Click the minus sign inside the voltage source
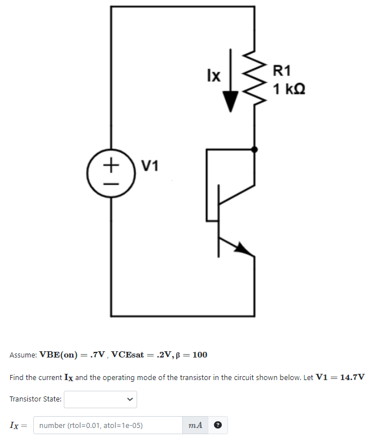pos(111,183)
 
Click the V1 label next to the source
pos(150,166)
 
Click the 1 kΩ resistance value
pos(288,89)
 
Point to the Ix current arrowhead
pos(230,101)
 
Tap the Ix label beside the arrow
pos(213,75)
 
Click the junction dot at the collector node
pos(255,149)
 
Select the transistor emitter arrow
pos(243,248)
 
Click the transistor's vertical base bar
pos(219,220)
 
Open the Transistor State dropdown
pos(100,400)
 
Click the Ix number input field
pos(107,425)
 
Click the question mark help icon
pos(217,425)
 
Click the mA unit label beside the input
pos(195,425)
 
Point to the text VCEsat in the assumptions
pos(130,355)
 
